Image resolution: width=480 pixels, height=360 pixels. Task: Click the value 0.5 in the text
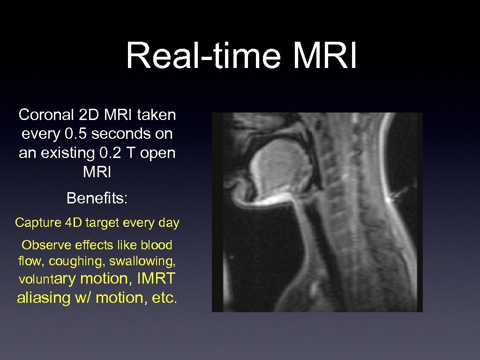74,134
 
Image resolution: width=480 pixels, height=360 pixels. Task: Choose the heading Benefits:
97,198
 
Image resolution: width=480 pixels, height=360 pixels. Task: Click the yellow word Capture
36,223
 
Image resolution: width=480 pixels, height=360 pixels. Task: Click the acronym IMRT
156,278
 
